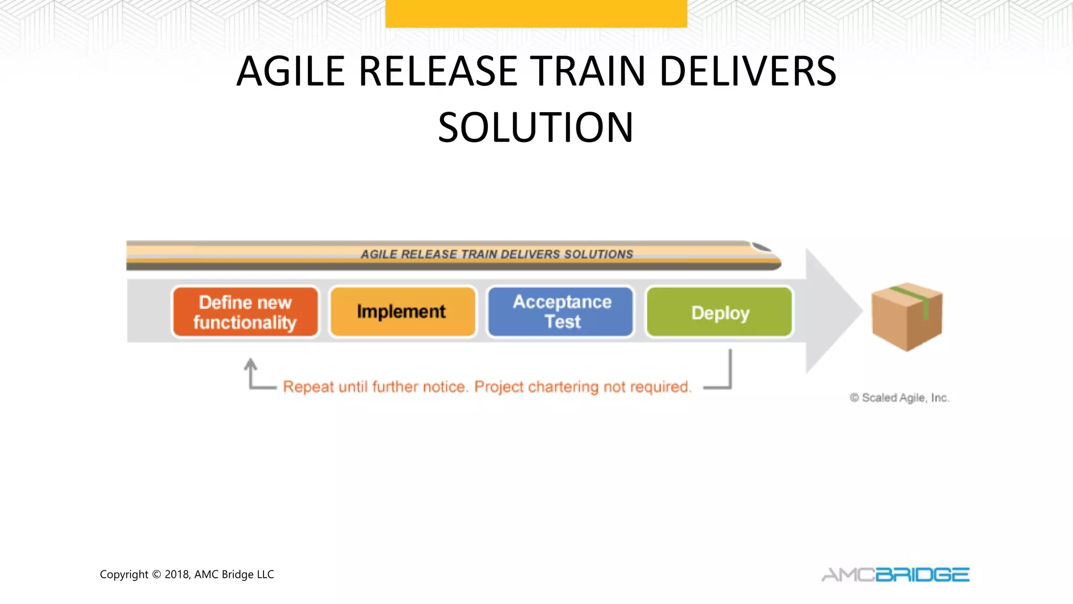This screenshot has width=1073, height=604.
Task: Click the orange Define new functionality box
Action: [x=245, y=312]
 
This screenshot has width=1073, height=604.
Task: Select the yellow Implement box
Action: [x=402, y=312]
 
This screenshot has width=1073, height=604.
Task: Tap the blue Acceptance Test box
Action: [x=561, y=312]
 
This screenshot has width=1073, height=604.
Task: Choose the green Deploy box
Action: [x=719, y=312]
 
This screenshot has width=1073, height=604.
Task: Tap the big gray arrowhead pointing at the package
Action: [x=833, y=311]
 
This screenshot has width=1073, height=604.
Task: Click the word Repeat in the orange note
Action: [x=308, y=387]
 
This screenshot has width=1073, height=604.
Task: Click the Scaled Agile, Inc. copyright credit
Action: [x=899, y=398]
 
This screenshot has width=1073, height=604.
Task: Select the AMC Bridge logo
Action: [x=895, y=575]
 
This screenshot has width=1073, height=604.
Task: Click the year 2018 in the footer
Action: [x=177, y=575]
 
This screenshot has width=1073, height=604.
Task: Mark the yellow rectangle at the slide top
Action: [x=536, y=13]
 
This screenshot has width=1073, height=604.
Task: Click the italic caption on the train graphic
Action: [x=497, y=254]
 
